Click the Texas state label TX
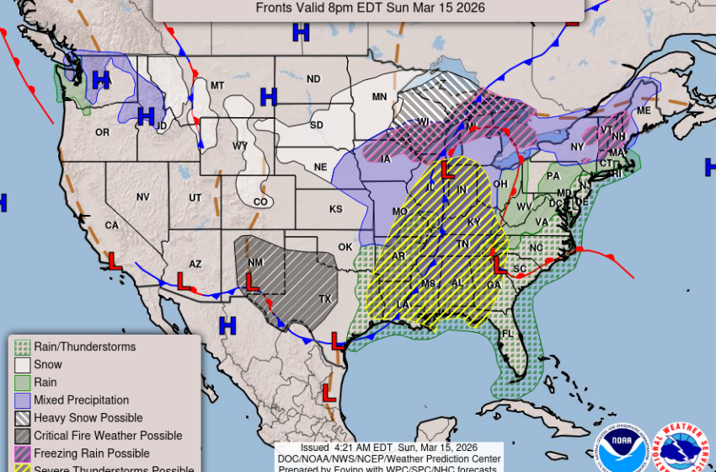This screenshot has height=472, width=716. pyautogui.click(x=325, y=299)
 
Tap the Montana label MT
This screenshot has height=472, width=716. pyautogui.click(x=217, y=85)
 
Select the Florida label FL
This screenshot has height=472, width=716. pyautogui.click(x=508, y=334)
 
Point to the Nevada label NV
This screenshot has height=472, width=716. pyautogui.click(x=142, y=196)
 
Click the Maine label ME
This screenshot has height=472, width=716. pyautogui.click(x=644, y=110)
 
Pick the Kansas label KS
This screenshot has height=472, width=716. pyautogui.click(x=335, y=209)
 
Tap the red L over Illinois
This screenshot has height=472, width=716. pyautogui.click(x=447, y=169)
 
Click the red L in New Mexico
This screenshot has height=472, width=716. pyautogui.click(x=251, y=280)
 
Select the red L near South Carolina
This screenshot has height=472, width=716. pyautogui.click(x=500, y=265)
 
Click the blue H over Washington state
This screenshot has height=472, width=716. pyautogui.click(x=101, y=80)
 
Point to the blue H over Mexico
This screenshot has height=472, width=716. pyautogui.click(x=227, y=324)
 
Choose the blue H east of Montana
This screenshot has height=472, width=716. pyautogui.click(x=269, y=97)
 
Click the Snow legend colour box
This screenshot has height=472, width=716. pyautogui.click(x=23, y=365)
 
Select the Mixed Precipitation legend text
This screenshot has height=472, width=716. pyautogui.click(x=81, y=400)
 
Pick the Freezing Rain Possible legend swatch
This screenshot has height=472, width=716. pyautogui.click(x=23, y=453)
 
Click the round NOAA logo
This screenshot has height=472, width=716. pyautogui.click(x=621, y=446)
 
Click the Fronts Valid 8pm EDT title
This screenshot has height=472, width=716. pyautogui.click(x=370, y=8)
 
